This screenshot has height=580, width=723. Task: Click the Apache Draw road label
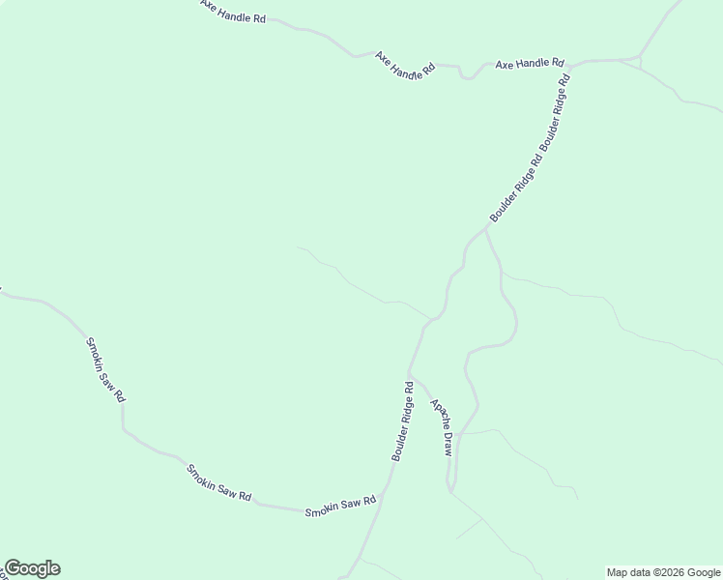[x=442, y=428]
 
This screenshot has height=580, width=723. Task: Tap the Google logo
[x=32, y=568]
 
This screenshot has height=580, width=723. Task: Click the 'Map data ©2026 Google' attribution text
[x=663, y=572]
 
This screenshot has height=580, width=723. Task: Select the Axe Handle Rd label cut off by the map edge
[x=233, y=13]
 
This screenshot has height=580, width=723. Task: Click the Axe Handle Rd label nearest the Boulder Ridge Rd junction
[x=529, y=64]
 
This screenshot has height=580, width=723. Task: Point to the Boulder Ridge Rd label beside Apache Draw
[x=403, y=420]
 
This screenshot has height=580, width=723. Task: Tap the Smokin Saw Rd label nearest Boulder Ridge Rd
[x=339, y=507]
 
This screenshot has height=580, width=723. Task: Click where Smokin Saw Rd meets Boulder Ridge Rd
[x=382, y=494]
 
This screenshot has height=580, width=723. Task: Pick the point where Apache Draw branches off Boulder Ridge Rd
[x=410, y=372]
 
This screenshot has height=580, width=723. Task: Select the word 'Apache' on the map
[x=437, y=414]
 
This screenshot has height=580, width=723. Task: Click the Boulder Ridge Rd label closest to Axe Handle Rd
[x=556, y=115]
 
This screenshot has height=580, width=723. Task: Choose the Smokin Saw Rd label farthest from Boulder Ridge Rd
[x=105, y=369]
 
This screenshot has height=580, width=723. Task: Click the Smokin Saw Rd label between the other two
[x=218, y=482]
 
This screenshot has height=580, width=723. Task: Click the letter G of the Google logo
[x=13, y=568]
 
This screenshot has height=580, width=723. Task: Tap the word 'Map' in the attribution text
[x=618, y=572]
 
